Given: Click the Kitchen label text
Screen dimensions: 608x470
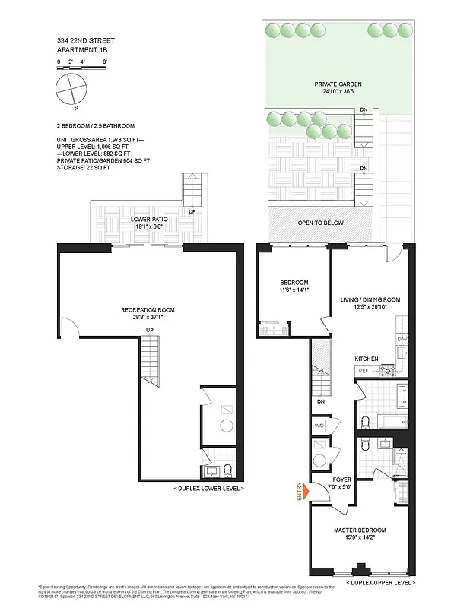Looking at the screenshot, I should click(367, 358).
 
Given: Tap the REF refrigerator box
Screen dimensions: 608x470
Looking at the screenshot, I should click(363, 372).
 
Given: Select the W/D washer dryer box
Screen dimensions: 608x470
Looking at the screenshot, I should click(319, 425).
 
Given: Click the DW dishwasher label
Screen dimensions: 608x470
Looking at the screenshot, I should click(402, 339).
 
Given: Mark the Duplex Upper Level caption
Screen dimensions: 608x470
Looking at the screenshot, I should click(380, 582).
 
